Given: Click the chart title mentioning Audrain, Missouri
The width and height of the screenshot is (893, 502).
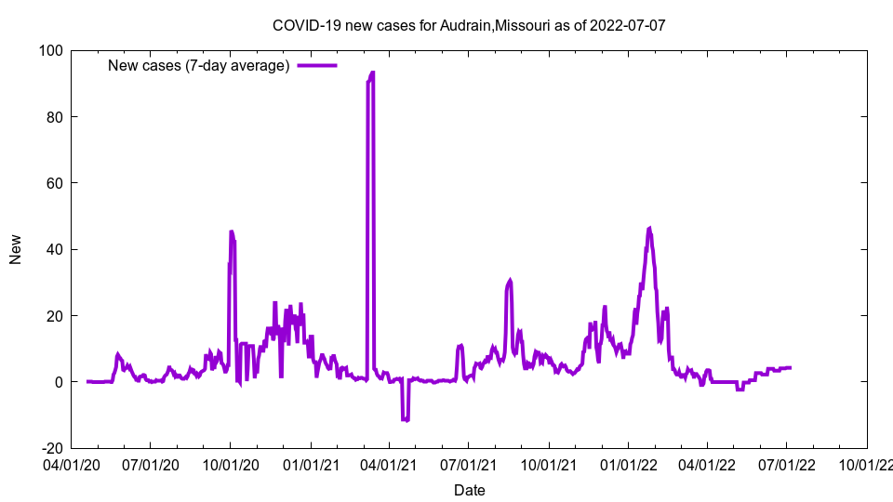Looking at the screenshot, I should pyautogui.click(x=469, y=25).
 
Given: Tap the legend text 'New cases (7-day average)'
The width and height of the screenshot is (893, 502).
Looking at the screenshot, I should pyautogui.click(x=199, y=65).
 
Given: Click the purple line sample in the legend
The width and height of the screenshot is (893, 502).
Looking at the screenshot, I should pyautogui.click(x=316, y=65).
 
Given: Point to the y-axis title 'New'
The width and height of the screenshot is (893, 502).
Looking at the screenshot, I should pyautogui.click(x=16, y=249).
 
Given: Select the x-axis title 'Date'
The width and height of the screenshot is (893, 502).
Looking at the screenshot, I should pyautogui.click(x=469, y=490).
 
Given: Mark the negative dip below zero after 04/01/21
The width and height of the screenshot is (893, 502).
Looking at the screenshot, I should pyautogui.click(x=405, y=419).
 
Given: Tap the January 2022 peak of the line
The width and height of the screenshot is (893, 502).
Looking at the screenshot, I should pyautogui.click(x=649, y=228).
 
